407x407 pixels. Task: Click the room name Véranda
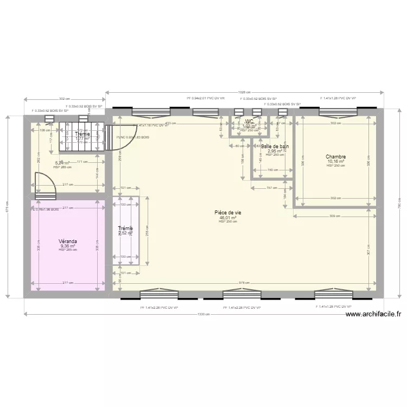pos(68,241)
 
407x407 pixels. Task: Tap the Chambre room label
pos(335,157)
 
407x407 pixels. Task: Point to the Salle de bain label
pos(275,147)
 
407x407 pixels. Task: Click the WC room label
pos(250,122)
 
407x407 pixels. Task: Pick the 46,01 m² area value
pos(227,217)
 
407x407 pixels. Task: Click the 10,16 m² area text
pos(335,161)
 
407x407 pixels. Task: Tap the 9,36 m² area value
pos(68,245)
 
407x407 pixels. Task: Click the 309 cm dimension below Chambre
pos(335,216)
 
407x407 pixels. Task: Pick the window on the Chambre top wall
pos(334,112)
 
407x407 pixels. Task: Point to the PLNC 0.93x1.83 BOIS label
pos(133,137)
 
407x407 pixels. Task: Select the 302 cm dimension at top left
pos(64,99)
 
